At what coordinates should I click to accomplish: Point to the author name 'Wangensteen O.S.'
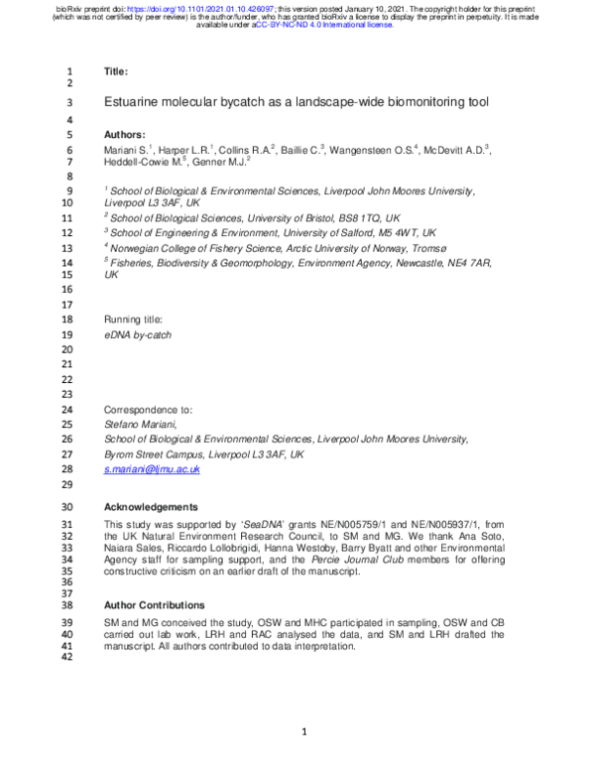tap(378, 149)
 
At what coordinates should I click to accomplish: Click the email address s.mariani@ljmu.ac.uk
tap(153, 468)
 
